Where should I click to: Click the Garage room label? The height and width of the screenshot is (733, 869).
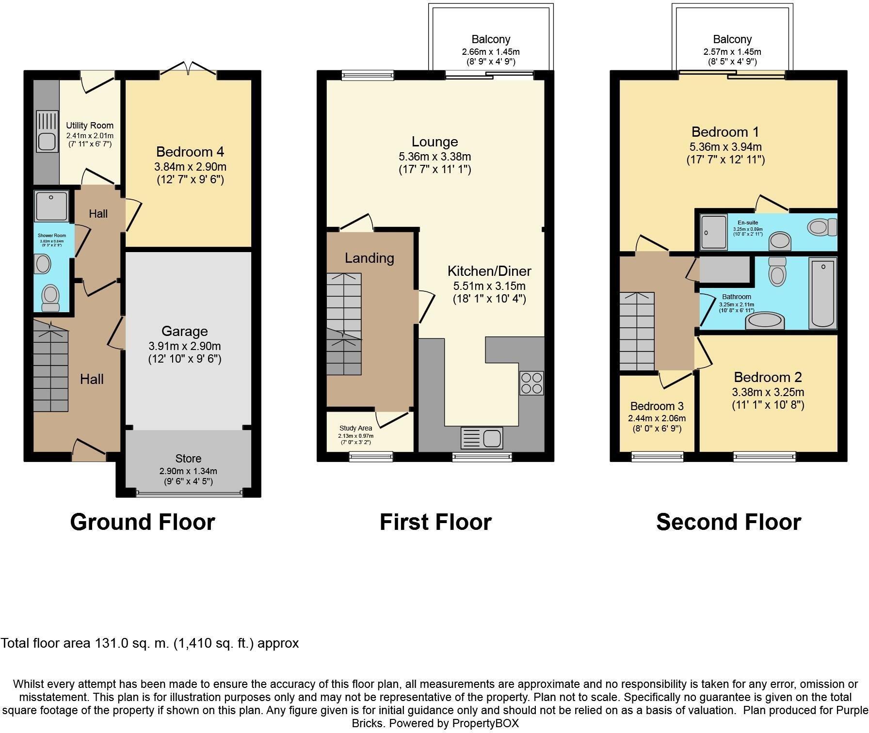pos(184,331)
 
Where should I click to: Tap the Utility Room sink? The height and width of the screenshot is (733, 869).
pos(47,141)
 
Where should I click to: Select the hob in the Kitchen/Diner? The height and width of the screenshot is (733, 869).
pos(531,383)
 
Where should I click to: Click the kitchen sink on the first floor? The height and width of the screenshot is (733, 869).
pos(482,438)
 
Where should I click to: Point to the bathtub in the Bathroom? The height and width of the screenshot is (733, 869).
pos(823,293)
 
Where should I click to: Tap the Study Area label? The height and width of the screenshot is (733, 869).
pos(355,428)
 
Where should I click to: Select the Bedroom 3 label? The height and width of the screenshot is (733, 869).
pos(657,406)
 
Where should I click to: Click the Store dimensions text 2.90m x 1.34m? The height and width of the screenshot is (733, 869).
pos(188,471)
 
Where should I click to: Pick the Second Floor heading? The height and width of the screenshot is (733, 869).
pos(728,522)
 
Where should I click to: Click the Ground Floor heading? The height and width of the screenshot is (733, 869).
pos(143,522)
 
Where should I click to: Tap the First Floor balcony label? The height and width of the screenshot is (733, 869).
pos(491,39)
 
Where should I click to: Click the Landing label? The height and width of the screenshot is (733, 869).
pos(369,258)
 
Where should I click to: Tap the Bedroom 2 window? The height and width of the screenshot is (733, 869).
pos(764,456)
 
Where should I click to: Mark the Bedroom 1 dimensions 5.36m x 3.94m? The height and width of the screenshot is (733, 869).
pos(725,146)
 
